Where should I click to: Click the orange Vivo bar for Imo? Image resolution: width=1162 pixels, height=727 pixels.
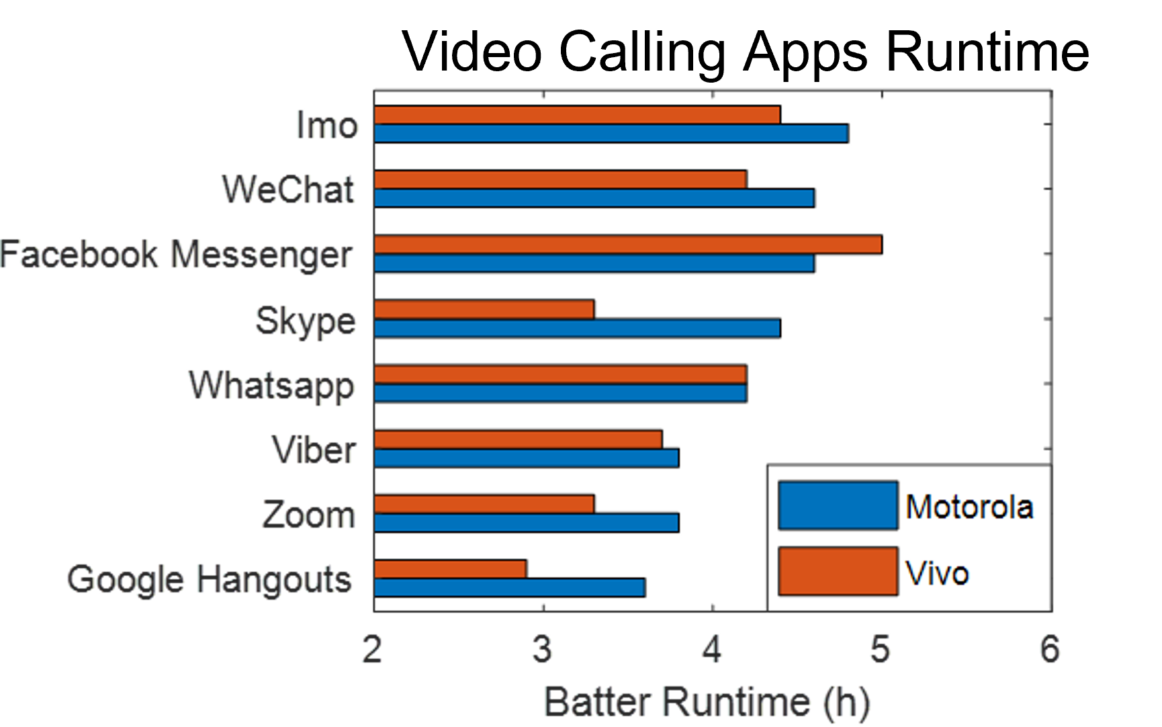(577, 115)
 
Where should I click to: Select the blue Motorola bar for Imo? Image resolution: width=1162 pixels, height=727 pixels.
(611, 133)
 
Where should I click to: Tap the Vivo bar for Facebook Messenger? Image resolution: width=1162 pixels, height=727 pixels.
(628, 245)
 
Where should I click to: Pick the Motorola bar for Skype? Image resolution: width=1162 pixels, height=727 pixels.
(577, 328)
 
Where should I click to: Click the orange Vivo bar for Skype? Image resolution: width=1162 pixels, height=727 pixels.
(484, 310)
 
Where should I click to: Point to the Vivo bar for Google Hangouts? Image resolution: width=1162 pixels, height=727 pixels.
(450, 569)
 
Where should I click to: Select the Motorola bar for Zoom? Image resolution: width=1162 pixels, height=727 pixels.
(527, 523)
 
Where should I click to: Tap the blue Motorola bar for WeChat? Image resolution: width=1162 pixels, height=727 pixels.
(594, 198)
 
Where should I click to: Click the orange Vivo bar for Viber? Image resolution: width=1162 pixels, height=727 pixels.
(518, 439)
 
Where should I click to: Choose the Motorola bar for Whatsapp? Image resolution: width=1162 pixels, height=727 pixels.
(560, 393)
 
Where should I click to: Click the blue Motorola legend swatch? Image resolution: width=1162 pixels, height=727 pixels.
(838, 505)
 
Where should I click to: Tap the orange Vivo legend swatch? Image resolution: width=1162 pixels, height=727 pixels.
(838, 571)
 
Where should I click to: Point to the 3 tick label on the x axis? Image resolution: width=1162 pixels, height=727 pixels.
(543, 650)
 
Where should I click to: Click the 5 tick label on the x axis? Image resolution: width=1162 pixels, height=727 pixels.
(881, 650)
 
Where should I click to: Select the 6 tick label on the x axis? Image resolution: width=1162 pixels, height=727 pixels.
(1049, 650)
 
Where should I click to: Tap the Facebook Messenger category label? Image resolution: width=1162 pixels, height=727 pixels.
(176, 255)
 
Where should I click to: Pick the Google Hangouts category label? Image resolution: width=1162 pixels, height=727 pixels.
(209, 579)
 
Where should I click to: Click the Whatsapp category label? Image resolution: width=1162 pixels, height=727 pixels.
(272, 385)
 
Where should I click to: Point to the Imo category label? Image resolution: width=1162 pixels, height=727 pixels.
(327, 125)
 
